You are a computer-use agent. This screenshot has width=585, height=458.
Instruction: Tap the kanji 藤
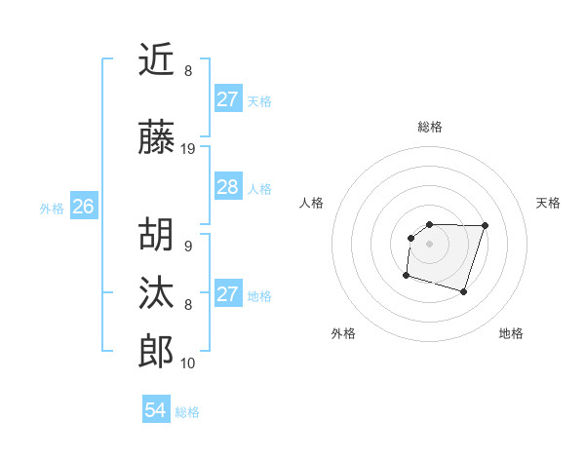pyautogui.click(x=156, y=137)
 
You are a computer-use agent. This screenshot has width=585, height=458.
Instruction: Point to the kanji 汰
pyautogui.click(x=156, y=293)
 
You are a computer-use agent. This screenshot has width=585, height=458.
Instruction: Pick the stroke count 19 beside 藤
pyautogui.click(x=188, y=149)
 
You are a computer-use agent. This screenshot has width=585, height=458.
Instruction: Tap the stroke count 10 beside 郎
pyautogui.click(x=188, y=363)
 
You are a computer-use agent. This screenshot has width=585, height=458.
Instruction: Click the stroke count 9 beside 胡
pyautogui.click(x=187, y=247)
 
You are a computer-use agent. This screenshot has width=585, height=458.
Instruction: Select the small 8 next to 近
pyautogui.click(x=187, y=71)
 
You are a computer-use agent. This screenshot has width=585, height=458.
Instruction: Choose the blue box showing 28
pyautogui.click(x=227, y=187)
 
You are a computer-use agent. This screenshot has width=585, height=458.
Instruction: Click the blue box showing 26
pyautogui.click(x=83, y=207)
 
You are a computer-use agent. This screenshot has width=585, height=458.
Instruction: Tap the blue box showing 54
pyautogui.click(x=155, y=410)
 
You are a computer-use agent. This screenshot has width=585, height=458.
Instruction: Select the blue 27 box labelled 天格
pyautogui.click(x=227, y=99)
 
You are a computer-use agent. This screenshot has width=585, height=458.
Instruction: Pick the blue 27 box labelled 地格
pyautogui.click(x=227, y=294)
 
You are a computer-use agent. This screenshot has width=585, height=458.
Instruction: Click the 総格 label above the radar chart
pyautogui.click(x=430, y=127)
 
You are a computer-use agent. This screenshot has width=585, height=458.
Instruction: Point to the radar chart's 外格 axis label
pyautogui.click(x=343, y=333)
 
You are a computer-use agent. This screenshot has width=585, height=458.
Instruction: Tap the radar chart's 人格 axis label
pyautogui.click(x=312, y=203)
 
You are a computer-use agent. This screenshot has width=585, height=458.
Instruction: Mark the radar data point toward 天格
pyautogui.click(x=486, y=225)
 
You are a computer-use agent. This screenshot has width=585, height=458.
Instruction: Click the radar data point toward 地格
pyautogui.click(x=463, y=291)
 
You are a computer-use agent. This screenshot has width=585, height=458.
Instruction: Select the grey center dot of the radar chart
pyautogui.click(x=430, y=243)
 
